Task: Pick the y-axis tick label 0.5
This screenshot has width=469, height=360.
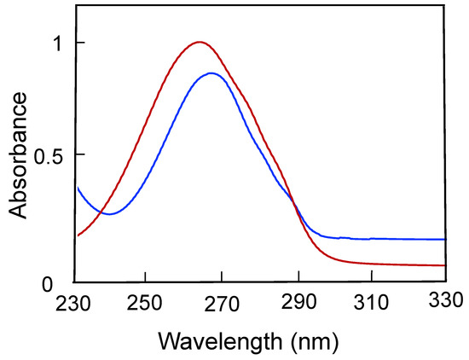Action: pyautogui.click(x=46, y=154)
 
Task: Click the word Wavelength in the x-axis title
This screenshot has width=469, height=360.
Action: pyautogui.click(x=212, y=343)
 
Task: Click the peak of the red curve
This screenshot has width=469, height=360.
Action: pyautogui.click(x=200, y=41)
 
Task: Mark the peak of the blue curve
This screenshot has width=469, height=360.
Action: pyautogui.click(x=211, y=73)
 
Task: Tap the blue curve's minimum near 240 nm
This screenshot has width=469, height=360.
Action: pyautogui.click(x=109, y=214)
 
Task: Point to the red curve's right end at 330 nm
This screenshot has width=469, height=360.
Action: pyautogui.click(x=445, y=265)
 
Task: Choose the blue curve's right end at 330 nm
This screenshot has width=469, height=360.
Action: pyautogui.click(x=445, y=240)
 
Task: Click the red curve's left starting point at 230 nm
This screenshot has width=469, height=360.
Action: pyautogui.click(x=78, y=235)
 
